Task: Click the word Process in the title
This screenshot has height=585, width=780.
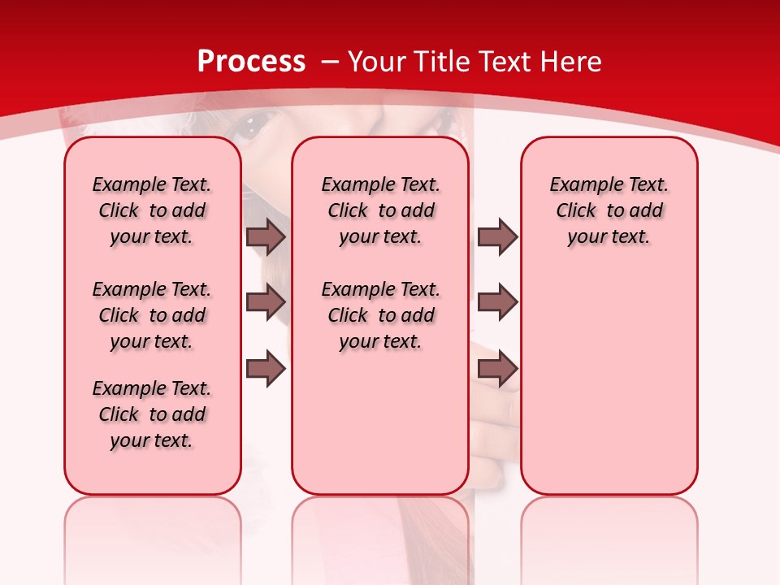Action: coord(251,62)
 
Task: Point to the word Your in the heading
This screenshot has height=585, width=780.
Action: coord(378,62)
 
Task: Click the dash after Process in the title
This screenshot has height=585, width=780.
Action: coord(329,63)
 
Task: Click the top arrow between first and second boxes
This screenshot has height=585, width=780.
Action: coord(266,236)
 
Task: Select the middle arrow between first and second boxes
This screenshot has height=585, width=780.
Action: coord(266,302)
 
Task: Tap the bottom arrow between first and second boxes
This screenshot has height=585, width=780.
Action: coord(266,369)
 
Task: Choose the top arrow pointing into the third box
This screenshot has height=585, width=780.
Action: coord(497,236)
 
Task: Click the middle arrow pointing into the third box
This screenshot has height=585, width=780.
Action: coord(497,302)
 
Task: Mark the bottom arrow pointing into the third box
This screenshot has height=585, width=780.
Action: coord(497,369)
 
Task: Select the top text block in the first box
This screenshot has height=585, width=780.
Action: coord(152,210)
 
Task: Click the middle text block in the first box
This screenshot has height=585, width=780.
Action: coord(152,315)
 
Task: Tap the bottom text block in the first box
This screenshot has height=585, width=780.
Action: coord(152,414)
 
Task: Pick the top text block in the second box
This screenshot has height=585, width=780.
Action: coord(380,210)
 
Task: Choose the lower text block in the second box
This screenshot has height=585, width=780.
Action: coord(380,315)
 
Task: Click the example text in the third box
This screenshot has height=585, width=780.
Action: coord(609,210)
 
